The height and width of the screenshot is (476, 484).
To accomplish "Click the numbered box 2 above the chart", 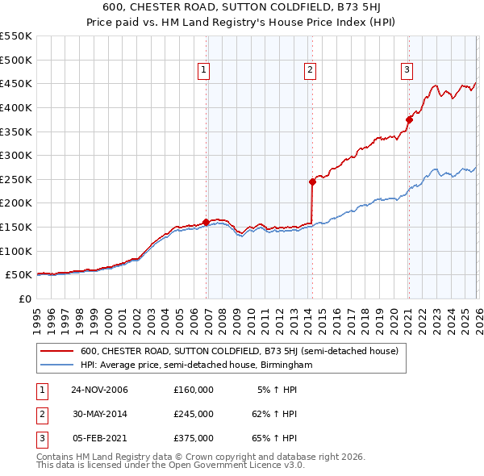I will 311,71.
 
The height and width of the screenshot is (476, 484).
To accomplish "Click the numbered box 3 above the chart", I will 407,71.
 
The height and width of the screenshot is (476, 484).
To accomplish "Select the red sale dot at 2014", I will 312,182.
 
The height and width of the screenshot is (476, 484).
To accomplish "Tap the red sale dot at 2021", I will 408,119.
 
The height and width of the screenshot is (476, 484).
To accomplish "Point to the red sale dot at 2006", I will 206,221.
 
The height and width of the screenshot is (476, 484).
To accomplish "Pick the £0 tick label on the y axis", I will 25,299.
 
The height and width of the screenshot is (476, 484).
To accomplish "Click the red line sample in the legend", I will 56,351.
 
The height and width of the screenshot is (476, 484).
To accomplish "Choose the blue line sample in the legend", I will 56,365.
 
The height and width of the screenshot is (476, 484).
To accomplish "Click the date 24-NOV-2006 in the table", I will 99,390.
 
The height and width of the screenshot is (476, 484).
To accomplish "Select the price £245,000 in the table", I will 193,414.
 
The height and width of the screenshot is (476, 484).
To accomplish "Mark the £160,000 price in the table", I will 193,390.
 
